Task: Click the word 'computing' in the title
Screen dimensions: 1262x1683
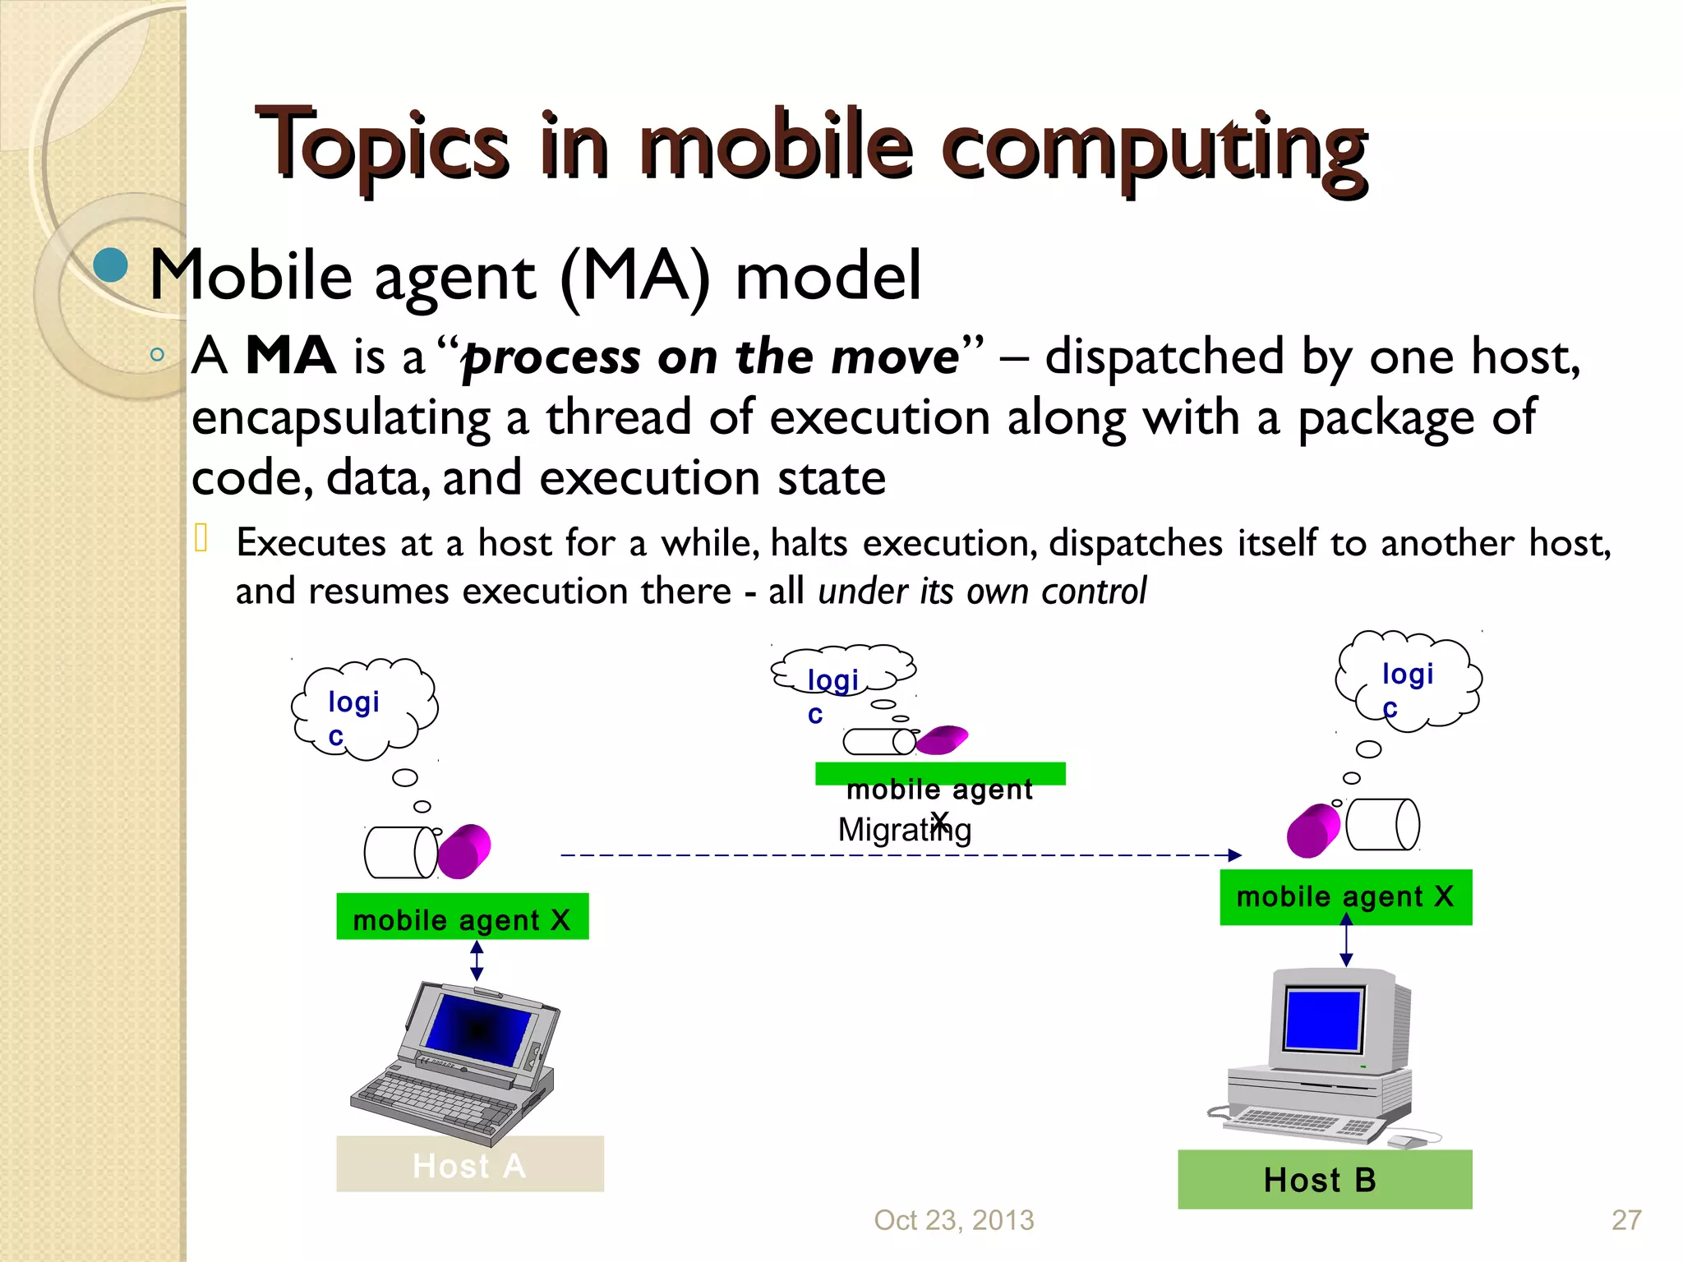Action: pos(1154,148)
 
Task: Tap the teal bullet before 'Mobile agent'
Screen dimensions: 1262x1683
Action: pos(110,265)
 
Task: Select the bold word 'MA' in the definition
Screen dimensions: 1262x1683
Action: pos(290,357)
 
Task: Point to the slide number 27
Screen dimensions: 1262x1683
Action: pos(1625,1220)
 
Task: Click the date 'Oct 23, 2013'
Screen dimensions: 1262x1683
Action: pos(953,1220)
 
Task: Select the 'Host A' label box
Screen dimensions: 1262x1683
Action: pos(469,1164)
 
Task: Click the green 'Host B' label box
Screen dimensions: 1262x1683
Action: pos(1324,1179)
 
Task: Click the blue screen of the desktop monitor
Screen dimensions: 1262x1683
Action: pos(1322,1020)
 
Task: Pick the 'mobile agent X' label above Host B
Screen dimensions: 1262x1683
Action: pos(1345,896)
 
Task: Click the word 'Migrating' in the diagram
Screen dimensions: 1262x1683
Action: pos(904,830)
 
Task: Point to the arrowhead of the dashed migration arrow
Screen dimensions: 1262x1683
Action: pos(1234,855)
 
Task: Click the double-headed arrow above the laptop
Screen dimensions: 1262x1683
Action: pos(477,960)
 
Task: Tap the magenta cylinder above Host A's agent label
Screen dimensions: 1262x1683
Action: pos(464,851)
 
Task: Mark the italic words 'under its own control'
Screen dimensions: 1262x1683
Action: pos(981,592)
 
